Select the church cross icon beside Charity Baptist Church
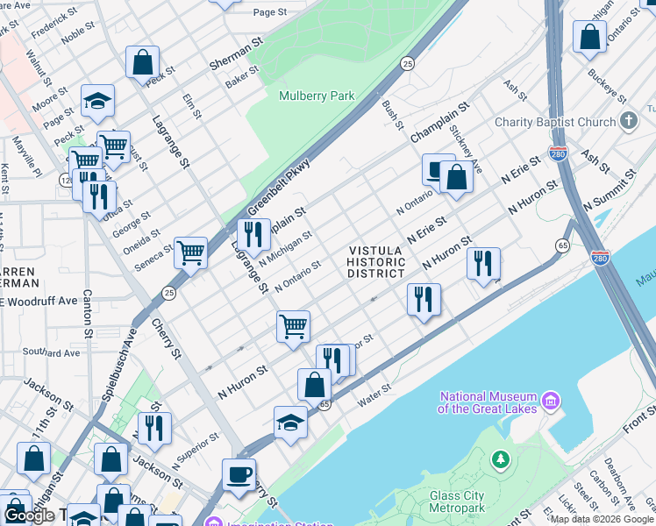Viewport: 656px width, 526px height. click(x=627, y=121)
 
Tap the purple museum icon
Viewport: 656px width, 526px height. click(x=551, y=402)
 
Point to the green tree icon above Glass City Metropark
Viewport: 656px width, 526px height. click(x=500, y=458)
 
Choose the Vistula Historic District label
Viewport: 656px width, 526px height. click(x=375, y=262)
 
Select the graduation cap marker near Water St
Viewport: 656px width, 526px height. click(x=290, y=423)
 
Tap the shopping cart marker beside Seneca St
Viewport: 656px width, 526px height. click(x=190, y=252)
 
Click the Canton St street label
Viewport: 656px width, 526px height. click(x=89, y=315)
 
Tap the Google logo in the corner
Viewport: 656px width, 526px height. click(x=30, y=515)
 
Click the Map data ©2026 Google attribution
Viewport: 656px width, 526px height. click(x=602, y=519)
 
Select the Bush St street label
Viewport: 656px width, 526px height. click(x=392, y=115)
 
